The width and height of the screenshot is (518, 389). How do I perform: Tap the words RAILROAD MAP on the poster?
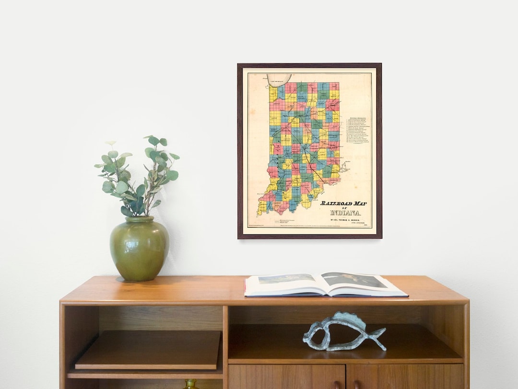pos(343,203)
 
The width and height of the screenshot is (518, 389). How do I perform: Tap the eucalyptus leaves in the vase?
pos(137,173)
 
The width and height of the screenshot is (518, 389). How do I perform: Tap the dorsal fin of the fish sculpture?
pos(350,317)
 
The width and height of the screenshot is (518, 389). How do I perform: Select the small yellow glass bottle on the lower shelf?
pos(191,384)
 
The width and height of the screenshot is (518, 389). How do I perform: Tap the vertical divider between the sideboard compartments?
pos(225,346)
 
